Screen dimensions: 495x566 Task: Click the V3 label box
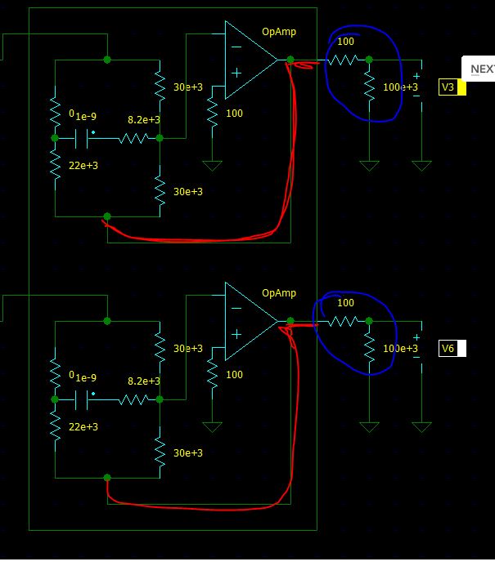[x=452, y=87]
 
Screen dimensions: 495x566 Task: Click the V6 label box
[x=452, y=348]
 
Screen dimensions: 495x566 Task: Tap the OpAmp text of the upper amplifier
[x=279, y=32]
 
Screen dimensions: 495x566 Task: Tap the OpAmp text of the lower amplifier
[x=279, y=293]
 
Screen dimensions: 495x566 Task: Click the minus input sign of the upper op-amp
[x=236, y=47]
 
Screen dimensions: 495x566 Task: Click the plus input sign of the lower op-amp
[x=236, y=334]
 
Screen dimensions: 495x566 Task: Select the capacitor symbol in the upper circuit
[x=81, y=138]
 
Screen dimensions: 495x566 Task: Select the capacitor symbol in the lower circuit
[x=81, y=399]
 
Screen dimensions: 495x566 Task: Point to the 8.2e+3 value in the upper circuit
[x=144, y=120]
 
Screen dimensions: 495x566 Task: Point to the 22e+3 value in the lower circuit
[x=83, y=427]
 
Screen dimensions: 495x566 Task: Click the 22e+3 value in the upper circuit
[x=83, y=166]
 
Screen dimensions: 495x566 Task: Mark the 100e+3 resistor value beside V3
[x=401, y=87]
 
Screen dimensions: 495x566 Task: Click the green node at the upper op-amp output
[x=290, y=60]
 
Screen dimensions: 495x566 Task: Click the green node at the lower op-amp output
[x=290, y=321]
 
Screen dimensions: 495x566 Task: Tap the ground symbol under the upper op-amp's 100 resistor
[x=212, y=166]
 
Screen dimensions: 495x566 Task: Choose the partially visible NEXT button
[x=479, y=69]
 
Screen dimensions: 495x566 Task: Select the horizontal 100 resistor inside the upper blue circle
[x=344, y=60]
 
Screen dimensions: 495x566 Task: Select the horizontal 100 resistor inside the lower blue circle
[x=344, y=321]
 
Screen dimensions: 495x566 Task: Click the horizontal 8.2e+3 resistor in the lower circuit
[x=133, y=399]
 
